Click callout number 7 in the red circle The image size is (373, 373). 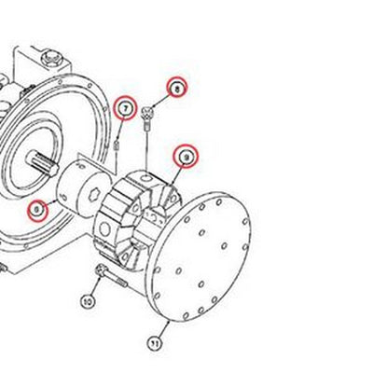(x=124, y=110)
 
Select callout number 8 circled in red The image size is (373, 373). (x=174, y=89)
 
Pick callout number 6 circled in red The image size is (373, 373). (x=36, y=210)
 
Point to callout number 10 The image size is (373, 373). (x=88, y=300)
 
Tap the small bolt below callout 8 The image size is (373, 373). (x=150, y=116)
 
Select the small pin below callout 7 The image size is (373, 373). (x=117, y=144)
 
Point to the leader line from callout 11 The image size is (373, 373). (x=160, y=328)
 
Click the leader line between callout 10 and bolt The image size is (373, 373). (x=94, y=288)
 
